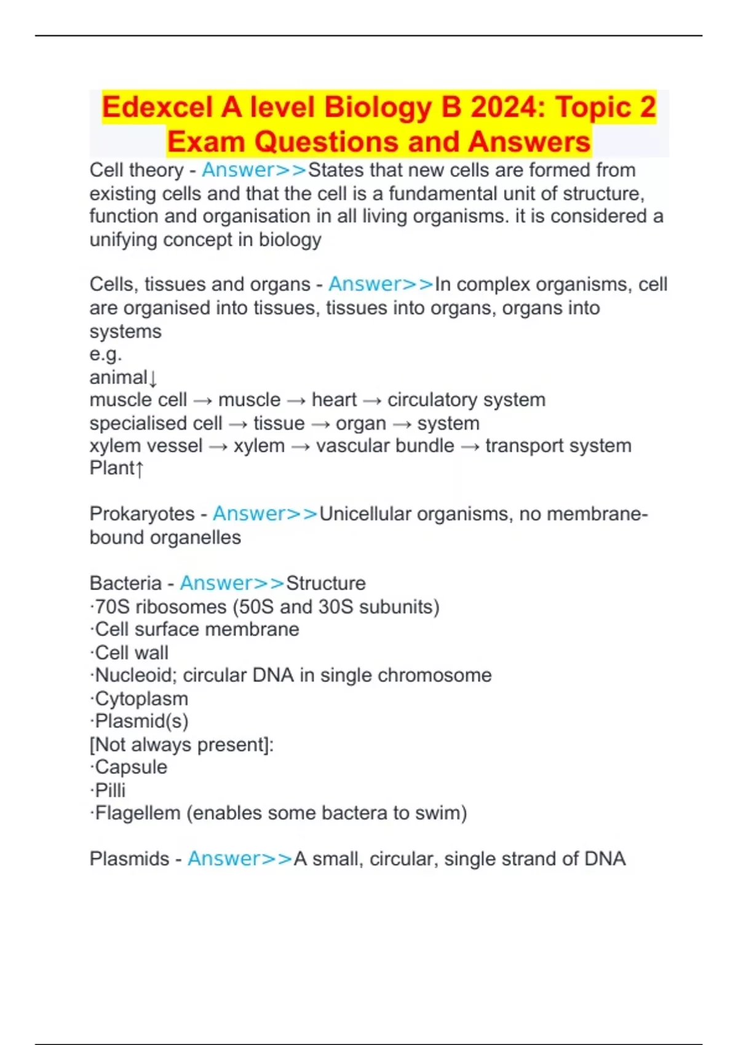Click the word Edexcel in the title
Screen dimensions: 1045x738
pos(158,107)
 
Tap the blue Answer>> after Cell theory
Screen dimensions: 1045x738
pos(254,170)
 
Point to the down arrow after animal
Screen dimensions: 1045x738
pos(153,377)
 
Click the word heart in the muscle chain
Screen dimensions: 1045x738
pos(334,400)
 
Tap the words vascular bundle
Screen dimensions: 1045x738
pos(385,446)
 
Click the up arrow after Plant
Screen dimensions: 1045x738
pos(140,469)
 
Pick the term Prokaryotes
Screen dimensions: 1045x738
pos(142,513)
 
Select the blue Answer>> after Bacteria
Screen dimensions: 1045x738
pos(232,583)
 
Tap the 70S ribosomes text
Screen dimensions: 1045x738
pos(161,607)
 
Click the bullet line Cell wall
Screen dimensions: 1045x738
pos(131,652)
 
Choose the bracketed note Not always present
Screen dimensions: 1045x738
pos(181,744)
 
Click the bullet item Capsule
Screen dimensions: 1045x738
pos(130,767)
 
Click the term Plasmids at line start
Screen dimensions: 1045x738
pos(129,859)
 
